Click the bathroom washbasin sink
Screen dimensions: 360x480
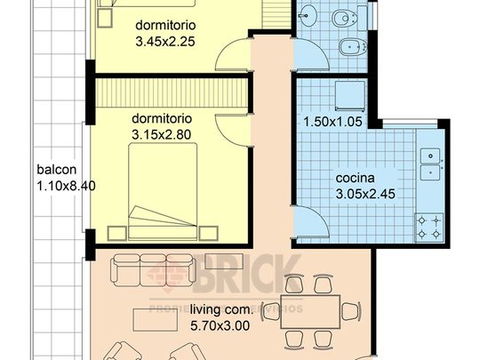point(307,14)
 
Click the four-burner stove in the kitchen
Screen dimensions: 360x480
point(429,226)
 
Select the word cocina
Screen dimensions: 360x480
point(354,178)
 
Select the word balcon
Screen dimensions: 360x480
point(55,170)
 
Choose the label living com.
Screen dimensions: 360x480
point(220,310)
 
